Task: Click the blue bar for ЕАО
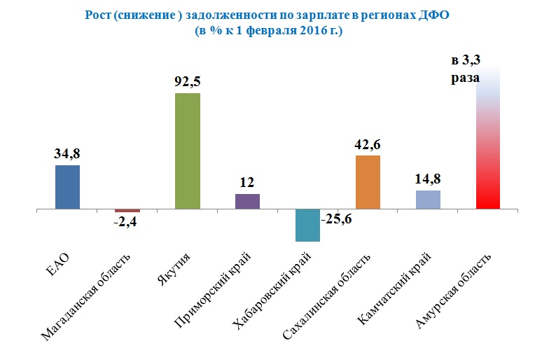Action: coord(67,187)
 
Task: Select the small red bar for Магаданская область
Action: coord(127,211)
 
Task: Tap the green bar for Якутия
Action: coord(188,151)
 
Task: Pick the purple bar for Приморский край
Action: coord(247,202)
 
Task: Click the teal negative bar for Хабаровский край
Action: coord(307,226)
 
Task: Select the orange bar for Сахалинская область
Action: coord(368,182)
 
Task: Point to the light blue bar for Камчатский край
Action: coord(428,200)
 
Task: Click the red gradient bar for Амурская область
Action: coord(487,140)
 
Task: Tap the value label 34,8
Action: coord(67,153)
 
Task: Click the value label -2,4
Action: coord(127,223)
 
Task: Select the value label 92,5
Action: coord(188,81)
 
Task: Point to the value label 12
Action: coord(247,182)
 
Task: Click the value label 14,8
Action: coord(428,178)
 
